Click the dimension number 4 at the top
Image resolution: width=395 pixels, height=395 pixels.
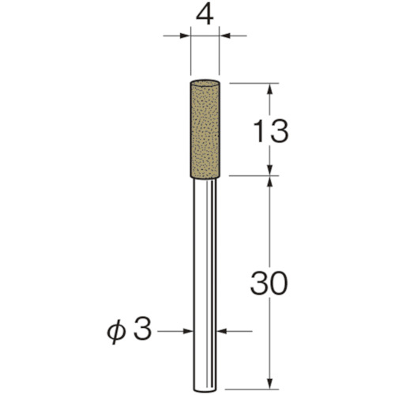click(205, 16)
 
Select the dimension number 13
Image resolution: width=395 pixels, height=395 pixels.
click(270, 131)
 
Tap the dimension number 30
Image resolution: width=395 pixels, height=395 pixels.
click(269, 283)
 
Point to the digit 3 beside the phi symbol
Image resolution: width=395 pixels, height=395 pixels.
click(143, 329)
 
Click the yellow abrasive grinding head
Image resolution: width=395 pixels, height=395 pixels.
click(205, 129)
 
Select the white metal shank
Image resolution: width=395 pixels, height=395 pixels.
click(205, 285)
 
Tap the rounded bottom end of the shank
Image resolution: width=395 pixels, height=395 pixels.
click(205, 389)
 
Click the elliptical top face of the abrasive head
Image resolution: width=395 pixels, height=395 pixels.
click(205, 83)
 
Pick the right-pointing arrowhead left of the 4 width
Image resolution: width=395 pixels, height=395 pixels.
click(185, 36)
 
